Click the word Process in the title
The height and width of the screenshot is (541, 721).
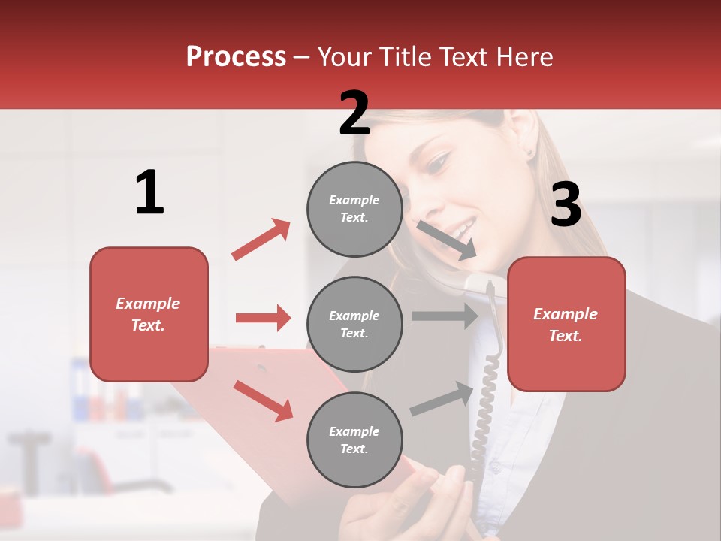236,56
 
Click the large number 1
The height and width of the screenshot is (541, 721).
149,192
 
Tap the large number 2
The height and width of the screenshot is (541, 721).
354,113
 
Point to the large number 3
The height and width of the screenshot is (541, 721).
566,204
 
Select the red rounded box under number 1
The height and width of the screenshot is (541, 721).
149,314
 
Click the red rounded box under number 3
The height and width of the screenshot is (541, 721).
566,324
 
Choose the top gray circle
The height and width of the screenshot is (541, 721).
354,209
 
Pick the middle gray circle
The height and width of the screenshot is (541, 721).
354,324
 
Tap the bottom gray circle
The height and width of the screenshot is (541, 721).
354,440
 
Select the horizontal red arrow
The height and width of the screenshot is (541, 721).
263,318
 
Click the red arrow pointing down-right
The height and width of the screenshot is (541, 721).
263,400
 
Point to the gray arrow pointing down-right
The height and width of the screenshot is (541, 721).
446,240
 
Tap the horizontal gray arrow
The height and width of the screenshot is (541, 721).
444,316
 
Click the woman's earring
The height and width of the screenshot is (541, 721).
530,153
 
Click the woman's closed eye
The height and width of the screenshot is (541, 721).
439,161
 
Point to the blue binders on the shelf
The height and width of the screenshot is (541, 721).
82,391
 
